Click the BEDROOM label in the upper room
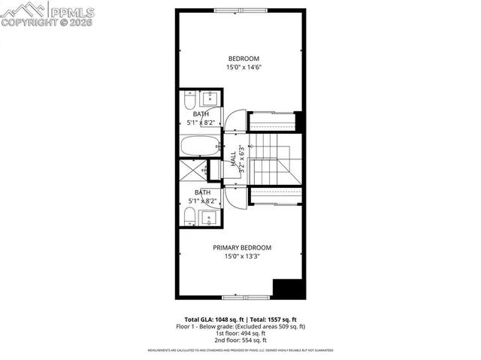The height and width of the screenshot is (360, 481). pyautogui.click(x=244, y=59)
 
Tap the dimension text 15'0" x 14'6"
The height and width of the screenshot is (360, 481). pyautogui.click(x=244, y=68)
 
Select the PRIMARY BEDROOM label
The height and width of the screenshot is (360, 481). pyautogui.click(x=241, y=247)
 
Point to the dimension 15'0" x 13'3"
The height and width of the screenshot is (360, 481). pyautogui.click(x=241, y=256)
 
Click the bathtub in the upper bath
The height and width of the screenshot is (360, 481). pyautogui.click(x=200, y=146)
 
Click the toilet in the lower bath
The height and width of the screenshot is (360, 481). pyautogui.click(x=189, y=218)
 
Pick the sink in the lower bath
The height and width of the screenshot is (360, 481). pyautogui.click(x=210, y=218)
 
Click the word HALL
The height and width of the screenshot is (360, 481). pyautogui.click(x=233, y=159)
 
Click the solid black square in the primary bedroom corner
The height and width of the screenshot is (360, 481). pyautogui.click(x=286, y=289)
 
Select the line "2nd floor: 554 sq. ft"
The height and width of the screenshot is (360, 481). pyautogui.click(x=241, y=342)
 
